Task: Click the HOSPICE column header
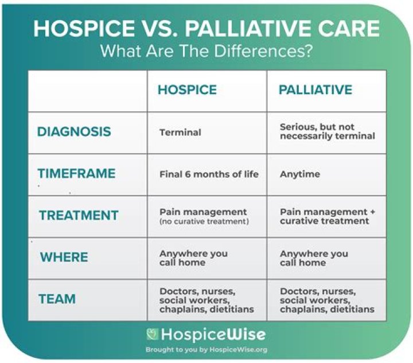pos(187,89)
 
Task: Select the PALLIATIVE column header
pos(315,89)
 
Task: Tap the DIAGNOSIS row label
pos(74,131)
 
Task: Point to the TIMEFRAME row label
pos(77,173)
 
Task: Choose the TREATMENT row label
pos(79,215)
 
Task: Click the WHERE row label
pos(64,257)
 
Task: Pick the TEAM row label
pos(57,299)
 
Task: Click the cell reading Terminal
pos(180,132)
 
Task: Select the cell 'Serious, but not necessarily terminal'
pos(328,131)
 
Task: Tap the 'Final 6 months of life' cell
pos(209,174)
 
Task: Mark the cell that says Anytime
pos(300,174)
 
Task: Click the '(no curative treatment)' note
pos(204,221)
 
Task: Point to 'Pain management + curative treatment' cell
pos(328,216)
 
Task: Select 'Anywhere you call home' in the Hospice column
pos(194,258)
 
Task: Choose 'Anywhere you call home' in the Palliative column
pos(314,258)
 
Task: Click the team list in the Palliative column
pos(327,300)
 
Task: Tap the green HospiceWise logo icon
pos(153,334)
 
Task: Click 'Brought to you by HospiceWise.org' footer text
pos(206,350)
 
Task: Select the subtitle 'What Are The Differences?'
pos(206,50)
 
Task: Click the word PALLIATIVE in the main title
pos(246,28)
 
